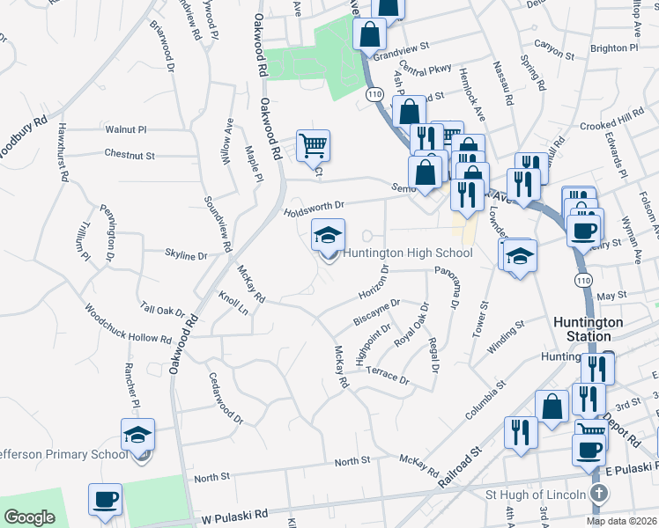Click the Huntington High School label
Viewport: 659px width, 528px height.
coord(408,253)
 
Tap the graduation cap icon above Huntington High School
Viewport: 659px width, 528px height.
coord(328,236)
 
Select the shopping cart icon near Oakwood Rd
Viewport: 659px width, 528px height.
coord(313,144)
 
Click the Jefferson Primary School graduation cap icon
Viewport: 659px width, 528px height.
coord(137,435)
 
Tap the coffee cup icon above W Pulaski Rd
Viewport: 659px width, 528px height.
coord(105,500)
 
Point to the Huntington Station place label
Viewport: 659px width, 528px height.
coord(589,329)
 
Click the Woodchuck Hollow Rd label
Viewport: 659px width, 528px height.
coord(128,325)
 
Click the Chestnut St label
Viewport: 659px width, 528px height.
coord(130,155)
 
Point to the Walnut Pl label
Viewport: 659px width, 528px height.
coord(126,129)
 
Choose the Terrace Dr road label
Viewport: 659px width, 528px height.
coord(388,375)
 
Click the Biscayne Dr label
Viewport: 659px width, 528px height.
coord(376,311)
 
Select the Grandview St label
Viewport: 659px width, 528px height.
coord(400,55)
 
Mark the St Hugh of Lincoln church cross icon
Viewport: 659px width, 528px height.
coord(599,494)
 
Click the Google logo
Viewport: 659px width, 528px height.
coord(29,517)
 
